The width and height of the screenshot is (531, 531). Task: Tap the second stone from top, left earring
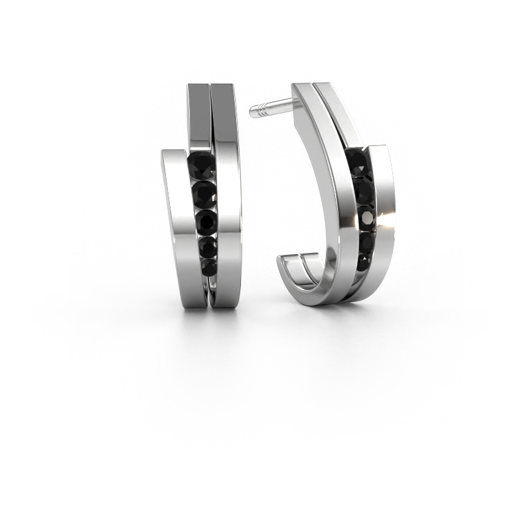[203, 192]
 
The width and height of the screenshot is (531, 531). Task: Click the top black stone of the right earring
[356, 159]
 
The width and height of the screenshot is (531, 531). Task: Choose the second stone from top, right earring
[362, 190]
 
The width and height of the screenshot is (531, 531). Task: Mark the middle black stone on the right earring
[364, 216]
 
